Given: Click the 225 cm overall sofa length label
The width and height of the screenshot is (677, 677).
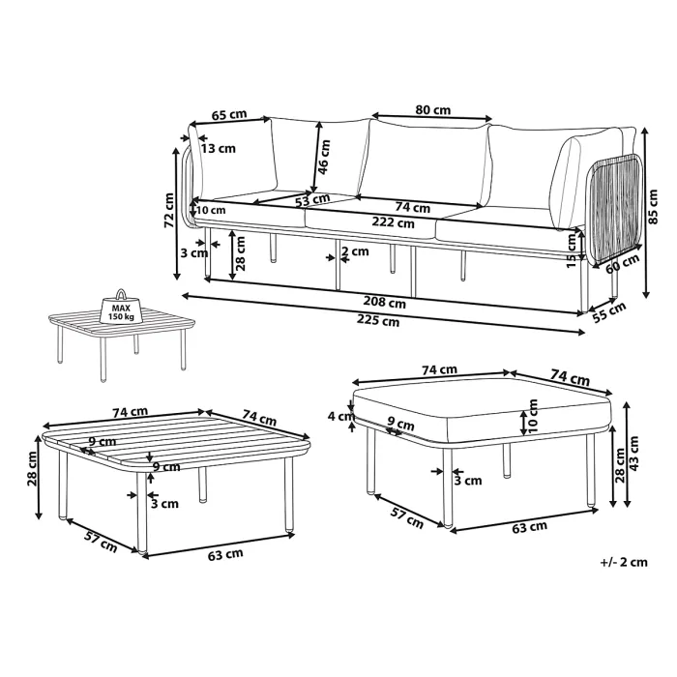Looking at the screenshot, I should (383, 321).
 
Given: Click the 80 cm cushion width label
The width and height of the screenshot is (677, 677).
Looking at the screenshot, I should (431, 110).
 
